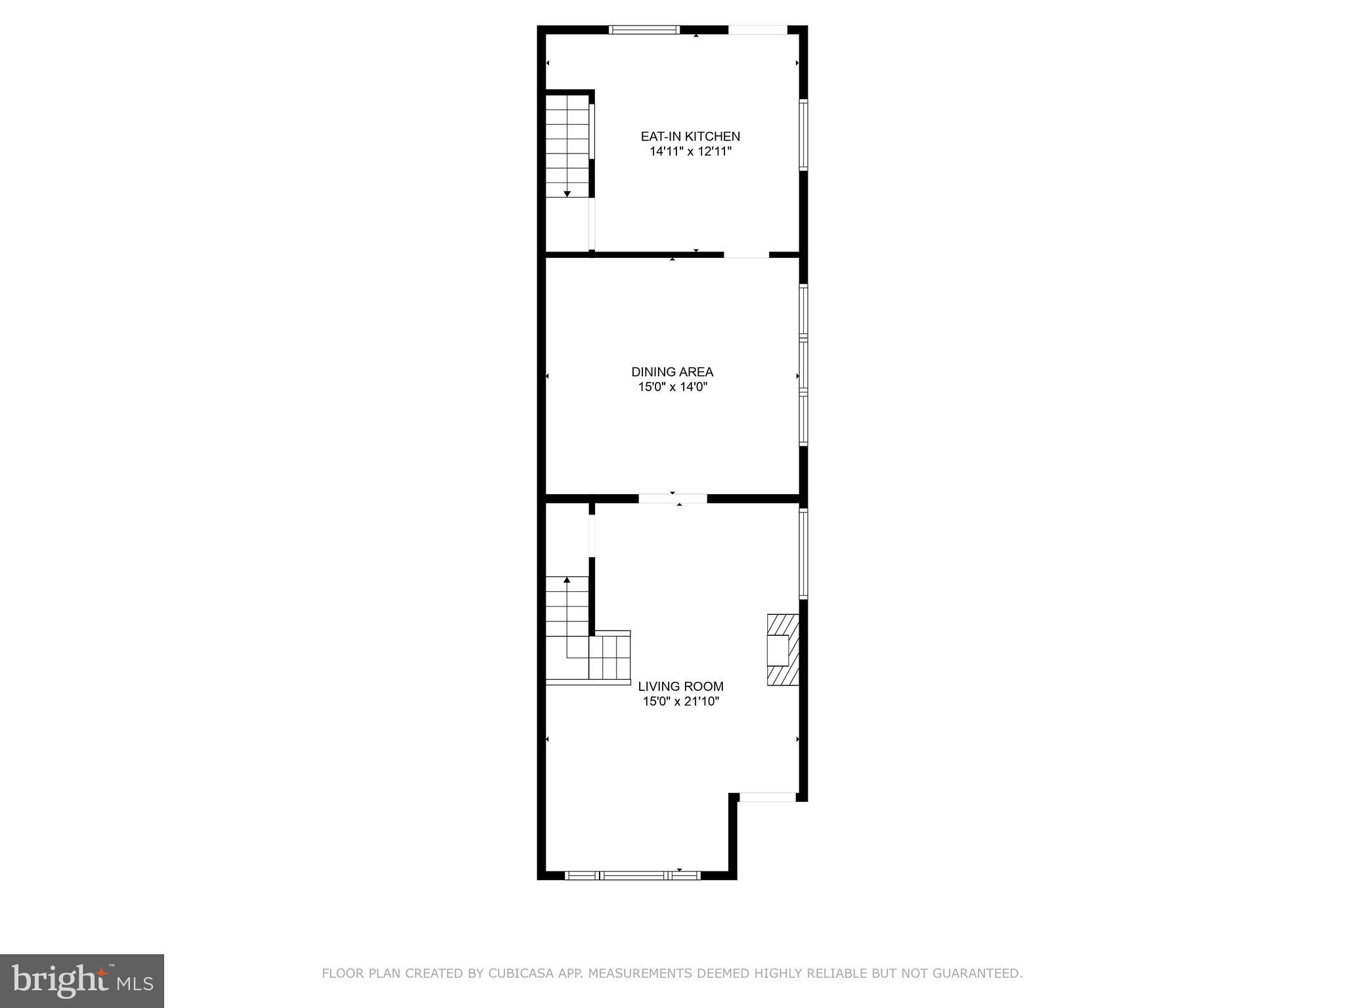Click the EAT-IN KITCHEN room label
pyautogui.click(x=690, y=136)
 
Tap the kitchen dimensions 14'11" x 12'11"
pyautogui.click(x=690, y=152)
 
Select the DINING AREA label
pyautogui.click(x=672, y=372)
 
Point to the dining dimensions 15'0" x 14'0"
pyautogui.click(x=672, y=387)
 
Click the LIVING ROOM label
pyautogui.click(x=680, y=686)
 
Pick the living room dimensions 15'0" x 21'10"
pyautogui.click(x=680, y=702)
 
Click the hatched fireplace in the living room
pyautogui.click(x=783, y=650)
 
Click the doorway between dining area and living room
pyautogui.click(x=672, y=499)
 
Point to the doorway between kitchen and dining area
pyautogui.click(x=746, y=255)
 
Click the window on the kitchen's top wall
pyautogui.click(x=644, y=30)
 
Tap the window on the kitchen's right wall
pyautogui.click(x=803, y=135)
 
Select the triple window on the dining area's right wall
pyautogui.click(x=803, y=365)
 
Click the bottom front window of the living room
pyautogui.click(x=633, y=875)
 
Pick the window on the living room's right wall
pyautogui.click(x=803, y=553)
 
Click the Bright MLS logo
pyautogui.click(x=82, y=981)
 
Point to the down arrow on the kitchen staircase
pyautogui.click(x=567, y=194)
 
